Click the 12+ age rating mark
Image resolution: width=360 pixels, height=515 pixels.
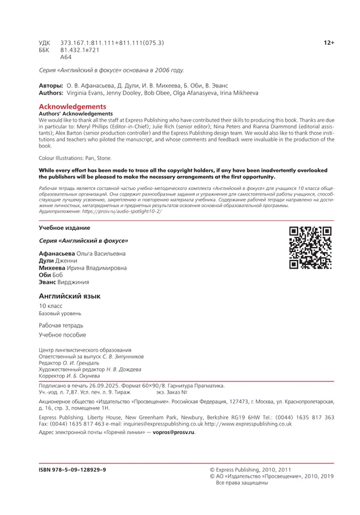tap(329, 43)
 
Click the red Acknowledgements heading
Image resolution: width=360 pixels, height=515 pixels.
tap(72, 106)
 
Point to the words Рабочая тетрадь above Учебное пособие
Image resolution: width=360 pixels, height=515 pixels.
tap(61, 325)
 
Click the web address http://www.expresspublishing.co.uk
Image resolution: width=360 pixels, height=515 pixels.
tap(248, 424)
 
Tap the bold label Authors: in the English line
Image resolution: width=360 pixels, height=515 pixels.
tap(51, 93)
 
